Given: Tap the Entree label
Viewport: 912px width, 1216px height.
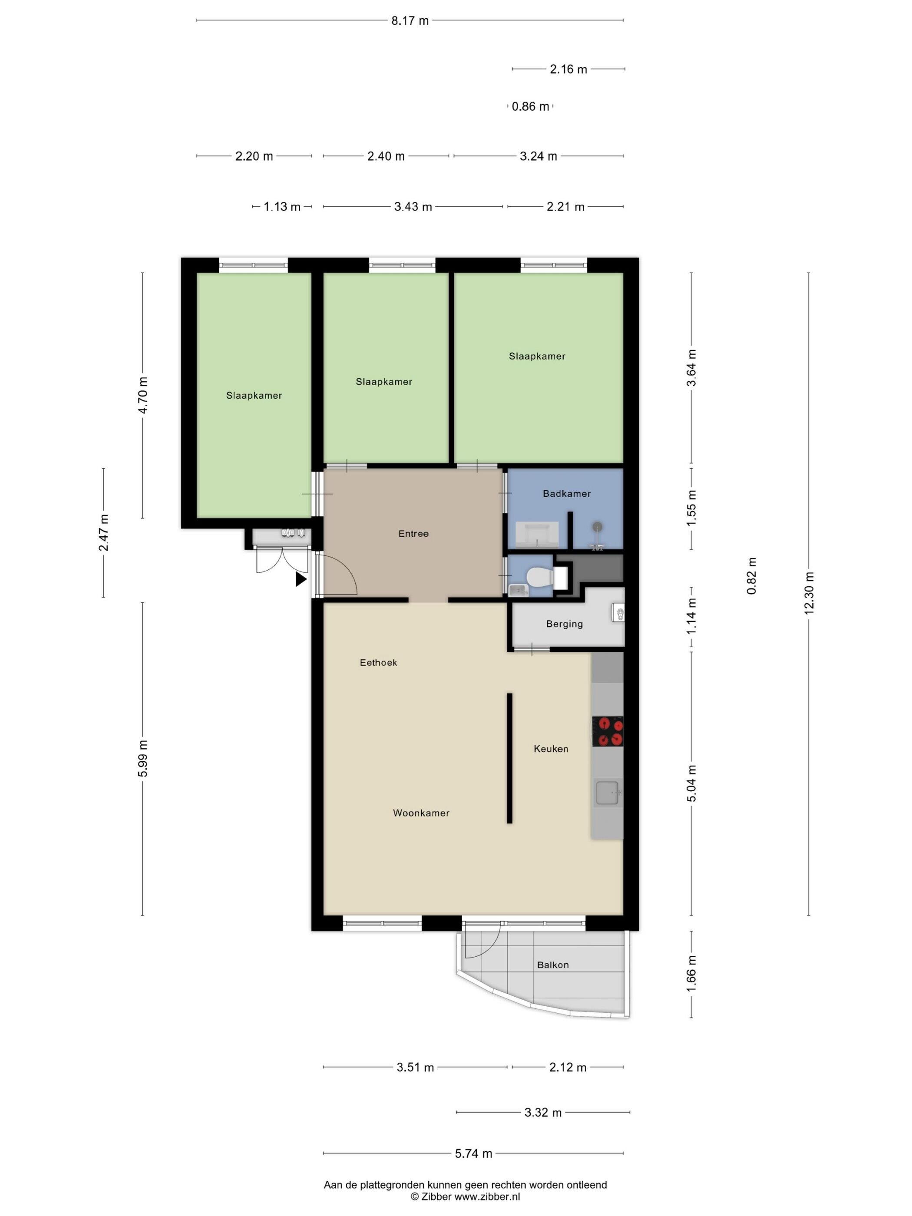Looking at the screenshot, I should pyautogui.click(x=413, y=533).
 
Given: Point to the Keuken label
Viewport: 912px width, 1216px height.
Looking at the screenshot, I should pyautogui.click(x=551, y=749).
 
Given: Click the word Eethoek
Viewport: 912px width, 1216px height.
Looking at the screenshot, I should pyautogui.click(x=378, y=662).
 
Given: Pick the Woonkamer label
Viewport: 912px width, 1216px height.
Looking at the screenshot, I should pyautogui.click(x=421, y=813).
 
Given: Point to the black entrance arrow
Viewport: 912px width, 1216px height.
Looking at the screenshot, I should pyautogui.click(x=301, y=579).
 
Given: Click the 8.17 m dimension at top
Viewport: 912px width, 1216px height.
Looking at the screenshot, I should pyautogui.click(x=410, y=21).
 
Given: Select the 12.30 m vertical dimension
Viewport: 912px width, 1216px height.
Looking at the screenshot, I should pyautogui.click(x=808, y=594).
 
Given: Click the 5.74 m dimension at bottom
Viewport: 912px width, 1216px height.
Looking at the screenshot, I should pyautogui.click(x=473, y=1153).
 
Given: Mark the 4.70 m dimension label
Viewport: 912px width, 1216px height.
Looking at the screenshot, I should pyautogui.click(x=142, y=395).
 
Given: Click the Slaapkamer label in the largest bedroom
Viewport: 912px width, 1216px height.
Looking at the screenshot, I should pyautogui.click(x=536, y=356).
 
